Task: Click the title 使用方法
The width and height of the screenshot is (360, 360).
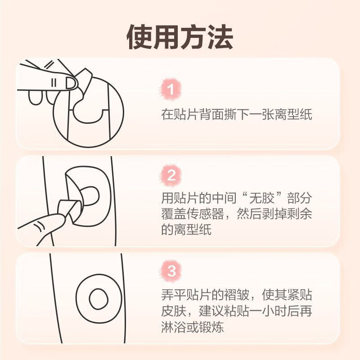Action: [x=180, y=37]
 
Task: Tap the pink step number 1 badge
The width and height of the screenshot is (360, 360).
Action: [x=171, y=89]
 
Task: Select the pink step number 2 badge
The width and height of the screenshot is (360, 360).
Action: [x=171, y=175]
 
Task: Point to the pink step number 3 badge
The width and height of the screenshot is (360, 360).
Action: [x=171, y=271]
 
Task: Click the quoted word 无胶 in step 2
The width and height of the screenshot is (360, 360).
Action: [x=262, y=198]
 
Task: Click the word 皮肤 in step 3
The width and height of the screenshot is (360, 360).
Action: [x=174, y=310]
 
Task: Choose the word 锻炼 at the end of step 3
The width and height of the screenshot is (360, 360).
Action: [x=211, y=327]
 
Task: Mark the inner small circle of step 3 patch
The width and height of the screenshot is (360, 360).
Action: [x=99, y=299]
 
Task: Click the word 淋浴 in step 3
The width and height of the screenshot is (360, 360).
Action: [x=174, y=327]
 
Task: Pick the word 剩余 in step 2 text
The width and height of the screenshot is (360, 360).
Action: [x=299, y=213]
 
